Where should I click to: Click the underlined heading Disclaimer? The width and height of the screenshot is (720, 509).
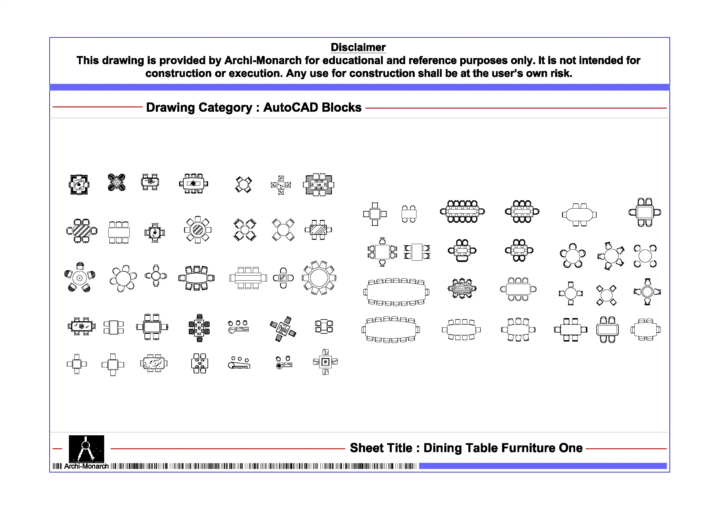coord(358,47)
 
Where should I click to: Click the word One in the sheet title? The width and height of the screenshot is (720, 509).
coord(571,448)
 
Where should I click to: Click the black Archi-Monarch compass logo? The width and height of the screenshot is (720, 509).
coord(86,448)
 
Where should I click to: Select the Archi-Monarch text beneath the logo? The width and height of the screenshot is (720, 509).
coord(86,466)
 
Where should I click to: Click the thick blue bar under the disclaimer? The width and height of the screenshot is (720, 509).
coord(359,87)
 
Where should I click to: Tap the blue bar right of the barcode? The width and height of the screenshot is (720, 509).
coord(542,466)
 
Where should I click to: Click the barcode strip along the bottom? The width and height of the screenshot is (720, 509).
coord(264,466)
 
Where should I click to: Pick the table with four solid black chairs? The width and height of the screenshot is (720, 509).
coord(116,182)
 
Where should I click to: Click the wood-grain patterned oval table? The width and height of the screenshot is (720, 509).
coord(462,288)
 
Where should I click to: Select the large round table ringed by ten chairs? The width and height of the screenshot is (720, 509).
coord(319,278)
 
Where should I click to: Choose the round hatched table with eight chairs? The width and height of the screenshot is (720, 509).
coord(198,230)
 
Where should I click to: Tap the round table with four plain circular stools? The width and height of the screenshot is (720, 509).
coord(645,256)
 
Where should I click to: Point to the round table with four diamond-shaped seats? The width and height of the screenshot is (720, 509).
coord(606,295)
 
